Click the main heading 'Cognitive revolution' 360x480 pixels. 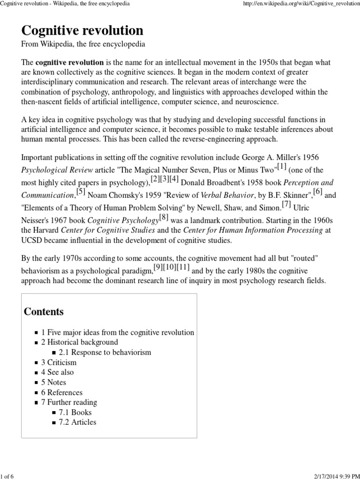82,31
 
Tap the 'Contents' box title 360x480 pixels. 44,312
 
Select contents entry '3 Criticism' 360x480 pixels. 59,362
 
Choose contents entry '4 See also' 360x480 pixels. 57,372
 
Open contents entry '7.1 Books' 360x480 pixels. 75,412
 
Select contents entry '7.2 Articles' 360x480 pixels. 77,422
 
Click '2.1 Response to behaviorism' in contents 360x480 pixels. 105,352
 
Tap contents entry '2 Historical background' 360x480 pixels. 80,342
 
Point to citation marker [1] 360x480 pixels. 281,166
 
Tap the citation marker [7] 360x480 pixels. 286,204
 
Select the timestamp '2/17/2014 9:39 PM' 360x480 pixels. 330,475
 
